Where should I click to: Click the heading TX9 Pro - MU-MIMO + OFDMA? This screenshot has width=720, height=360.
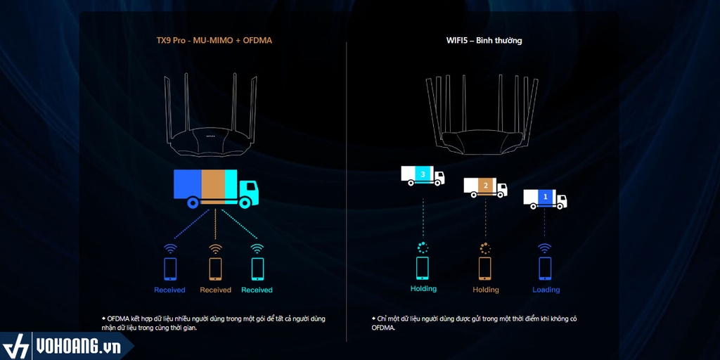214,41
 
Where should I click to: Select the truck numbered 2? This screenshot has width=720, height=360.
485,187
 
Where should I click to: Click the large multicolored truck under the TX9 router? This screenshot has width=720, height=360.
215,187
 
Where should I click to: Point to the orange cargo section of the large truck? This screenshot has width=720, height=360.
214,184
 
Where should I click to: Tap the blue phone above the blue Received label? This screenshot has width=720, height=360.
169,269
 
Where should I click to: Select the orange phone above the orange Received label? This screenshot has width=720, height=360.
215,269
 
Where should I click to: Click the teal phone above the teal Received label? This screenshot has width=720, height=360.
257,269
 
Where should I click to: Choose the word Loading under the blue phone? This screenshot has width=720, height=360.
546,290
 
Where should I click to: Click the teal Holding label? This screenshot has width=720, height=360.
423,288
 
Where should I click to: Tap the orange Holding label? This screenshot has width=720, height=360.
485,290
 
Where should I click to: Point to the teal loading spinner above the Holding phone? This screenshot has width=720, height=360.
423,247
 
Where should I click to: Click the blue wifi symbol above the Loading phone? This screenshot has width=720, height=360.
545,247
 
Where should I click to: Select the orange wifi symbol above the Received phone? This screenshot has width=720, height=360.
215,248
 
